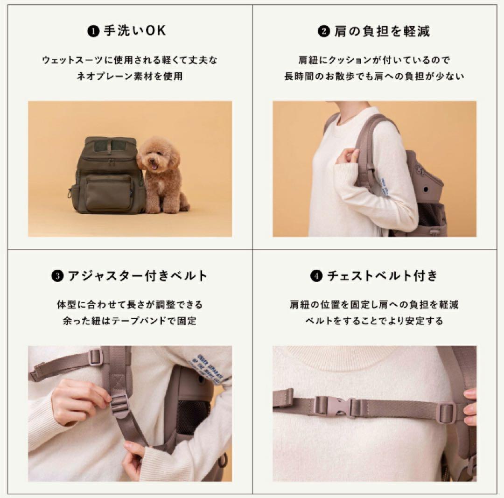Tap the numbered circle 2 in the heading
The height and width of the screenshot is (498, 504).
pyautogui.click(x=323, y=31)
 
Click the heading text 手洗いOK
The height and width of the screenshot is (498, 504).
pyautogui.click(x=134, y=31)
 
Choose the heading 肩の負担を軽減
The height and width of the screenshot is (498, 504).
pyautogui.click(x=381, y=31)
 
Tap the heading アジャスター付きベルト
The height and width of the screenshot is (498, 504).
pyautogui.click(x=137, y=276)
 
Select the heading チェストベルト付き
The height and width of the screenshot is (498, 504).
pyautogui.click(x=382, y=276)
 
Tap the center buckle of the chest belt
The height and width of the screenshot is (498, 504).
pyautogui.click(x=338, y=407)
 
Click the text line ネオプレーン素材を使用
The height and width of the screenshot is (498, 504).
pyautogui.click(x=130, y=77)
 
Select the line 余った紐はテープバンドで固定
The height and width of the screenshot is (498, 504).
pyautogui.click(x=130, y=321)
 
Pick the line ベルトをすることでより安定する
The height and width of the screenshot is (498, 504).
pyautogui.click(x=374, y=321)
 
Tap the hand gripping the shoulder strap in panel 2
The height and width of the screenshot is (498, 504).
pyautogui.click(x=348, y=156)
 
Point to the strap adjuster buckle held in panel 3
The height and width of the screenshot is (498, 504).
pyautogui.click(x=120, y=404)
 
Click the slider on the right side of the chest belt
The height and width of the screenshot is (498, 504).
pyautogui.click(x=446, y=412)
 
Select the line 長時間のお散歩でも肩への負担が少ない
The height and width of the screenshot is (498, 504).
pyautogui.click(x=374, y=77)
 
